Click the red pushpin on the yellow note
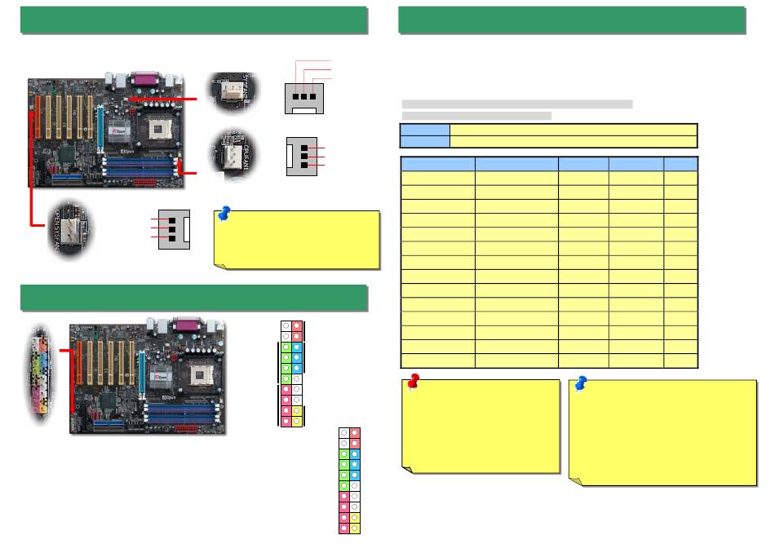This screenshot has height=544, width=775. click(414, 381)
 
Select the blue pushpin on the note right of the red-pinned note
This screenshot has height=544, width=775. click(581, 383)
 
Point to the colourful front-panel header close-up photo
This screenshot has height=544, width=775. click(39, 375)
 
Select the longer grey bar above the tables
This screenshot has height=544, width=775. click(517, 104)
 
